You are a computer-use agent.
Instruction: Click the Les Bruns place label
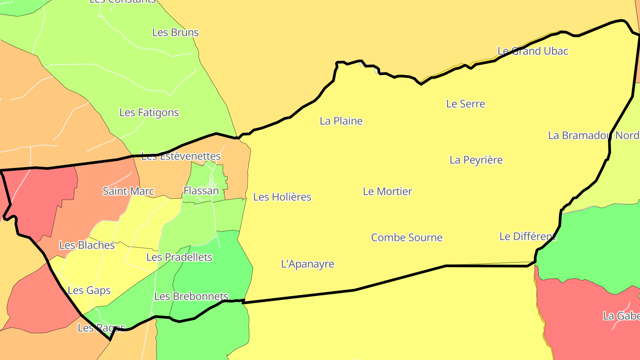click(175, 32)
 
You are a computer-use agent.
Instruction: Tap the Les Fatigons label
click(149, 112)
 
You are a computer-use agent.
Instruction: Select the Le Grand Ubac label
click(532, 51)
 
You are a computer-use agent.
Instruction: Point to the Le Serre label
click(465, 104)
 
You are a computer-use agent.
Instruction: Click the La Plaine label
click(341, 121)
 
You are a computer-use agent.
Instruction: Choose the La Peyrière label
click(476, 160)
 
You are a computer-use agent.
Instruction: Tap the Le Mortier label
click(388, 192)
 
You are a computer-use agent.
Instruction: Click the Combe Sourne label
click(407, 238)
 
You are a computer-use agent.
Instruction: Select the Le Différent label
click(527, 236)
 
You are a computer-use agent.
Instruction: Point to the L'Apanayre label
click(308, 264)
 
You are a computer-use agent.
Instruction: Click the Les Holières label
click(282, 197)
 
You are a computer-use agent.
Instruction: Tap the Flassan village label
click(201, 191)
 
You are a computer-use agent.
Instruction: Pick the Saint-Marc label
click(128, 192)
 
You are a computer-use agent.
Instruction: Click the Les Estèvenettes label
click(181, 156)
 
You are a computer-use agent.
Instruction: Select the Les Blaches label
click(87, 245)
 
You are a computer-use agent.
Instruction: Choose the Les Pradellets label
click(179, 257)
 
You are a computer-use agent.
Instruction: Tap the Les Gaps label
click(89, 291)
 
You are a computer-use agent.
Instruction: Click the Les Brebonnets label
click(191, 296)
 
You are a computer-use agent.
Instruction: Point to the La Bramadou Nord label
click(593, 136)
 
